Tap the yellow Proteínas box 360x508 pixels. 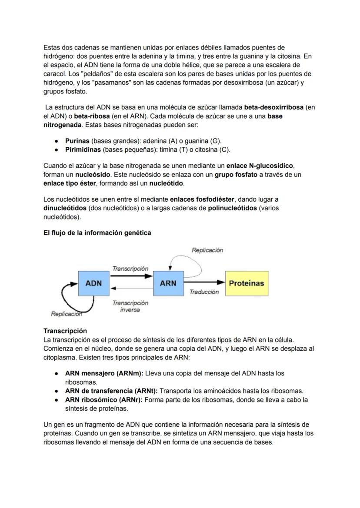pyautogui.click(x=247, y=283)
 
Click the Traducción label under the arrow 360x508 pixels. pyautogui.click(x=204, y=292)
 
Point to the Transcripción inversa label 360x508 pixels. pyautogui.click(x=130, y=306)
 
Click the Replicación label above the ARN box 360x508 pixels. pyautogui.click(x=207, y=250)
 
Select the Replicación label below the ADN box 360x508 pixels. pyautogui.click(x=66, y=314)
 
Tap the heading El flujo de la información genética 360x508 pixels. pyautogui.click(x=97, y=233)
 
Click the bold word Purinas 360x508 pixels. pyautogui.click(x=77, y=141)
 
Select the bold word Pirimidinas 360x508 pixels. pyautogui.click(x=83, y=150)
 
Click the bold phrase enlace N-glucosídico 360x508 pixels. pyautogui.click(x=260, y=166)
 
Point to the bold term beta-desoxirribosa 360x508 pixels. pyautogui.click(x=274, y=107)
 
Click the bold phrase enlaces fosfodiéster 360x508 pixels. pyautogui.click(x=202, y=199)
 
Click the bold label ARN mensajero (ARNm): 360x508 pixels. pyautogui.click(x=104, y=373)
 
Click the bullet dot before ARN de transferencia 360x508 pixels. pyautogui.click(x=57, y=391)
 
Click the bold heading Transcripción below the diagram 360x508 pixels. pyautogui.click(x=65, y=331)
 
